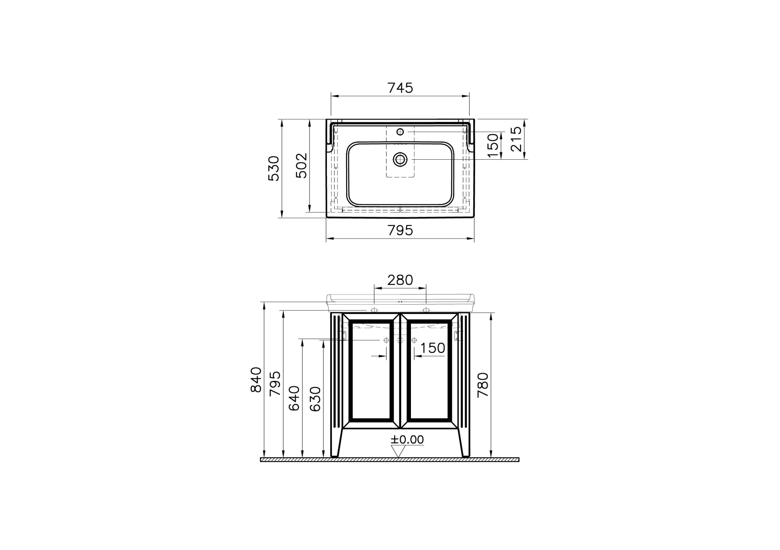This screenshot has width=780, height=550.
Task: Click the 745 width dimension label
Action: [x=400, y=88]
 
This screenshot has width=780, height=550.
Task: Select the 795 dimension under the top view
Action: [x=400, y=231]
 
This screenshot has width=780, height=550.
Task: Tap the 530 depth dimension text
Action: [x=274, y=169]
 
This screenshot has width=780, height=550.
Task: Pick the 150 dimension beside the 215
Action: [x=493, y=146]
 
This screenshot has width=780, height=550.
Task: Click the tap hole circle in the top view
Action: [x=400, y=132]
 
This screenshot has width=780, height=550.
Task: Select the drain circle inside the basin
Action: [x=400, y=159]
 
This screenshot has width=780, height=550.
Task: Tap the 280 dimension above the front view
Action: [x=400, y=280]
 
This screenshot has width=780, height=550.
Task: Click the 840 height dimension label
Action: [x=256, y=380]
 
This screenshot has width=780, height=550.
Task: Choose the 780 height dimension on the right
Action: [x=483, y=385]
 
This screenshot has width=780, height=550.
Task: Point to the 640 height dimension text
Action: [x=294, y=398]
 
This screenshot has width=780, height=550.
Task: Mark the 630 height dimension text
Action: [x=315, y=399]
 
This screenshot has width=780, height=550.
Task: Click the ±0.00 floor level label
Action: [x=407, y=440]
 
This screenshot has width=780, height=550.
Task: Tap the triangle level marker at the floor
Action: [x=398, y=451]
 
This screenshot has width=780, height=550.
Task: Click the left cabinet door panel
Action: [x=371, y=372]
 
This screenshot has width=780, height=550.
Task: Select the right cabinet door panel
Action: [x=429, y=372]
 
